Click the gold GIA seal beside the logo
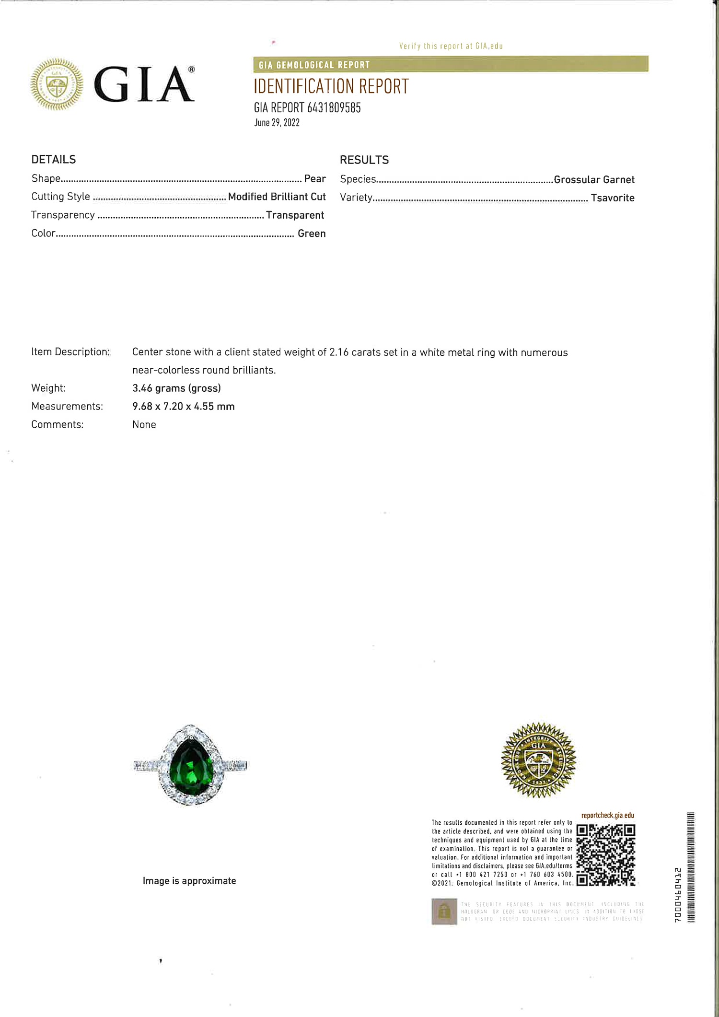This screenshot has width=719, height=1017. click(57, 84)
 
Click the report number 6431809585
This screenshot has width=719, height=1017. click(334, 107)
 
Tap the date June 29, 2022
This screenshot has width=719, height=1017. click(277, 123)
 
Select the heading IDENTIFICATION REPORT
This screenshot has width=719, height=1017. click(331, 87)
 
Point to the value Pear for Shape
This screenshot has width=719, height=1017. click(315, 179)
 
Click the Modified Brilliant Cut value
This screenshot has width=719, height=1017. click(277, 197)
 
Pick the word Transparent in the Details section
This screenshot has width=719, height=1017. click(295, 215)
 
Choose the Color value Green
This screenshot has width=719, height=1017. click(312, 234)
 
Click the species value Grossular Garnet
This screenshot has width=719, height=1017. click(594, 180)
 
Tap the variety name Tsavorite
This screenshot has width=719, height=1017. click(612, 198)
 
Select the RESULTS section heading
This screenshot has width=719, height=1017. click(364, 160)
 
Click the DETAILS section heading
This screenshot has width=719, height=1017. click(54, 160)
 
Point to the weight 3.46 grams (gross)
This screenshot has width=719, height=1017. click(176, 388)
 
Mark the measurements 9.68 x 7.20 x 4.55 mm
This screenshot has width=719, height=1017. click(184, 407)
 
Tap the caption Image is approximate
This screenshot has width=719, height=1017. click(189, 881)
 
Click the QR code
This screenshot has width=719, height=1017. click(605, 855)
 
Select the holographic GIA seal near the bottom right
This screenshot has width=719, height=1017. click(538, 760)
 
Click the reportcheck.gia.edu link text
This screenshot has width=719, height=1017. click(607, 816)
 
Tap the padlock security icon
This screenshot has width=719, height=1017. click(444, 911)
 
